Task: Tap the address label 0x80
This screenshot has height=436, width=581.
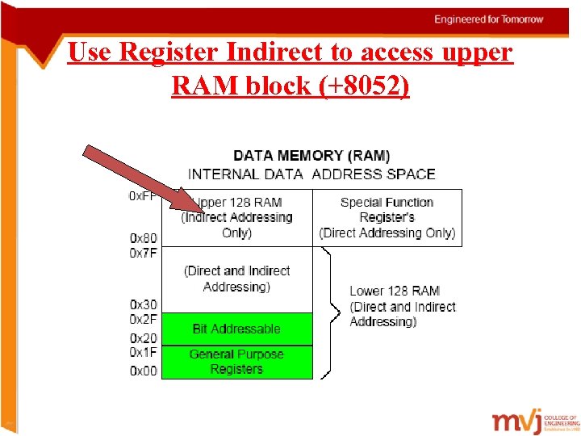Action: (x=144, y=238)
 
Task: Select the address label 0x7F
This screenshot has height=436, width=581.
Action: (x=144, y=253)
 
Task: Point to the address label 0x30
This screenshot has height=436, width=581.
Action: (x=144, y=304)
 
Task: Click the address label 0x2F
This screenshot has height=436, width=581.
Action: (x=144, y=319)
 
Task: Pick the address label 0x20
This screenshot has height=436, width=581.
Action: (x=144, y=338)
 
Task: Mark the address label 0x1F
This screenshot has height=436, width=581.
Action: (x=144, y=352)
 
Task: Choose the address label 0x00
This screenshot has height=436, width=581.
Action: (x=144, y=371)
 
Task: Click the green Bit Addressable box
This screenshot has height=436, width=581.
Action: (x=236, y=329)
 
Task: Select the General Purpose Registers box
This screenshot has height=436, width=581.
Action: (x=236, y=362)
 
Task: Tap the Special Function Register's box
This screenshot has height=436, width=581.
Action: (x=387, y=217)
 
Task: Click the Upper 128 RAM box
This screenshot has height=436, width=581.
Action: (x=242, y=218)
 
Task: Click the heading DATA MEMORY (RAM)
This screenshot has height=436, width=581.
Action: (x=311, y=155)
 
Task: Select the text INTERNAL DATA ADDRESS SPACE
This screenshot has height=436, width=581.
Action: (x=311, y=174)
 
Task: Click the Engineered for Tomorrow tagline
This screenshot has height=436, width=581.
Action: (x=488, y=19)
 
